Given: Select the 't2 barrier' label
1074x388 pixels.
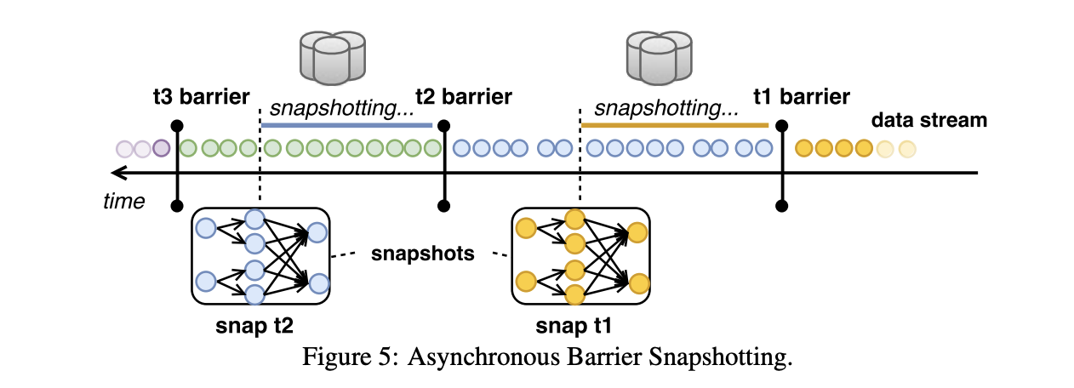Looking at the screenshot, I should click(463, 95).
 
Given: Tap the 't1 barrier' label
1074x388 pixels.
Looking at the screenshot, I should click(801, 95).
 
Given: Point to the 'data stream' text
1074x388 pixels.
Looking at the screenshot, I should click(928, 120).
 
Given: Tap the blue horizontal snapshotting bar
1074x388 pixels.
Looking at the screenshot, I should click(346, 125).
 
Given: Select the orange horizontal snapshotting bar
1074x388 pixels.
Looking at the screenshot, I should click(674, 125).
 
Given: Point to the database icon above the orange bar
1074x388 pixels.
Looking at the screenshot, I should click(657, 53).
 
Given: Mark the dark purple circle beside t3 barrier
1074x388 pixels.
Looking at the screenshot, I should click(162, 149).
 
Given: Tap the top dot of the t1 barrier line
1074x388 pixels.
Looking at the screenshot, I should click(782, 124).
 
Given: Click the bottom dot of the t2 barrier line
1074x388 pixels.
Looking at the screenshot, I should click(443, 205).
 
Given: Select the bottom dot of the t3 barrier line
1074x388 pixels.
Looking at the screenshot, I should click(176, 205).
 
